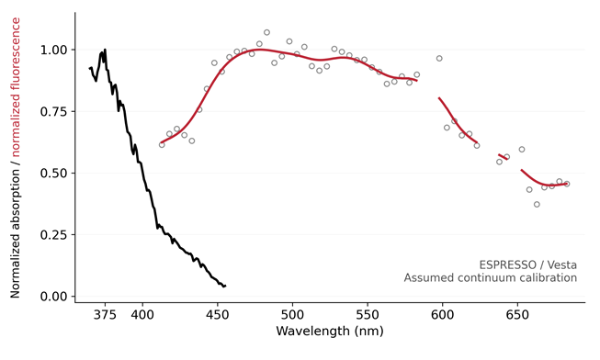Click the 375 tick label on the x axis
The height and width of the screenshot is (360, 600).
point(105,315)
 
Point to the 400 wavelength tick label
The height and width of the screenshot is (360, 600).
point(142,315)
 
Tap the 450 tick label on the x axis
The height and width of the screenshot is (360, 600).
point(218,315)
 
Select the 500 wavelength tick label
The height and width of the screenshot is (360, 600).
point(292,315)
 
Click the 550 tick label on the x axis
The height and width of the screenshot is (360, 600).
point(368,315)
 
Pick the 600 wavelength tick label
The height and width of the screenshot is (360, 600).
point(442,315)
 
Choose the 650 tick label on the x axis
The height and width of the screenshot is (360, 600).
point(517,315)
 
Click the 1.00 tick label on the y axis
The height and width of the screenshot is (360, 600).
point(53,50)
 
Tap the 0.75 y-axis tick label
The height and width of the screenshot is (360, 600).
point(53,111)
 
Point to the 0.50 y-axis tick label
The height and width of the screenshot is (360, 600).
point(53,173)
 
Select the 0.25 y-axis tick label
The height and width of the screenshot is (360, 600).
point(53,234)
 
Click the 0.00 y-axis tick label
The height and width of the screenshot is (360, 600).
point(53,296)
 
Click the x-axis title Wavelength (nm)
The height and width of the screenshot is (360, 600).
point(330,331)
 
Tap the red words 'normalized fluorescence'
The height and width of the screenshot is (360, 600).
point(16,87)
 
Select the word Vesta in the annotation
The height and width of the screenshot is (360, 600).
point(562,264)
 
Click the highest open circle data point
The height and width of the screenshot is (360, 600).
point(266,32)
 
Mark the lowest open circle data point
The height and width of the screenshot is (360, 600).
point(537,205)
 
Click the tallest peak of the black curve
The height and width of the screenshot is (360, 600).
point(105,50)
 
